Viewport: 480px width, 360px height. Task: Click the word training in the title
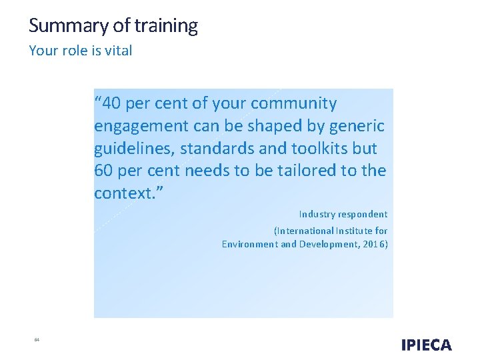point(166,26)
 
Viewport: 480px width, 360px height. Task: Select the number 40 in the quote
point(113,104)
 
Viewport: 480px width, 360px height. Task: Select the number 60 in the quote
point(103,171)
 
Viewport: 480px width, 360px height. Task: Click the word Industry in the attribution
point(316,214)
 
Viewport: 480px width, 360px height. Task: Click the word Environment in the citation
point(250,244)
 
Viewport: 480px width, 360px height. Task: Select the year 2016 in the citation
point(374,244)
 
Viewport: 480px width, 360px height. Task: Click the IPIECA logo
point(427,345)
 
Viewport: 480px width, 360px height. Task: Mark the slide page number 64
point(37,340)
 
